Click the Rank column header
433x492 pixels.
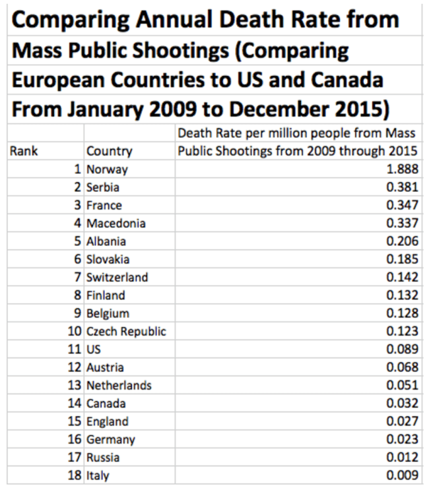[24, 151]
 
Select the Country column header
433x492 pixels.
[109, 151]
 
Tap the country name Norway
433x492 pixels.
[107, 169]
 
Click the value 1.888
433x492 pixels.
[403, 169]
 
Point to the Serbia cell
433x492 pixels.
[103, 187]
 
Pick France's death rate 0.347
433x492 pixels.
[403, 205]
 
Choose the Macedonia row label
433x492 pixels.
[116, 224]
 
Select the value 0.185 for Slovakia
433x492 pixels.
[403, 259]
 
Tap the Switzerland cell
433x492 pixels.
[117, 277]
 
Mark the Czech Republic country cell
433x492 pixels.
[126, 331]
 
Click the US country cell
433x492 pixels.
[94, 350]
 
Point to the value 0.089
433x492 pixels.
[403, 350]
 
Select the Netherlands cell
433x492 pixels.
[119, 385]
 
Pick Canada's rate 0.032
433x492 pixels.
[403, 403]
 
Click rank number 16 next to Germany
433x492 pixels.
[75, 439]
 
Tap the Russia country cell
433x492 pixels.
[103, 457]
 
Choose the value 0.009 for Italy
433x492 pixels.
[403, 475]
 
